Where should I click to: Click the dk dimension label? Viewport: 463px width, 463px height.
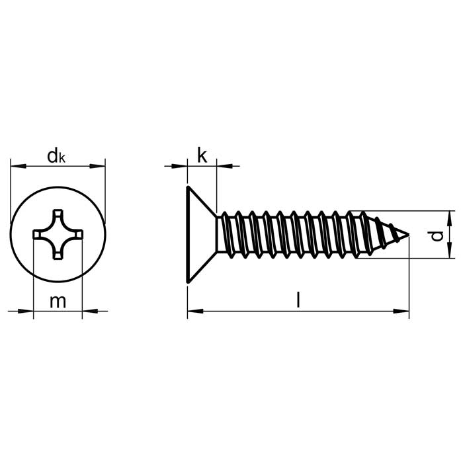click(56, 156)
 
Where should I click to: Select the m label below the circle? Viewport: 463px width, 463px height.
click(58, 302)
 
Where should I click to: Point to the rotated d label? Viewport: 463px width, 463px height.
click(437, 235)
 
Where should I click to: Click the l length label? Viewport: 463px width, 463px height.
click(298, 300)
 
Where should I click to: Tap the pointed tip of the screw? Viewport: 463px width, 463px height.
click(408, 235)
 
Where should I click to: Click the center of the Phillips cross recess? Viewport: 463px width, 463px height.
click(58, 234)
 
